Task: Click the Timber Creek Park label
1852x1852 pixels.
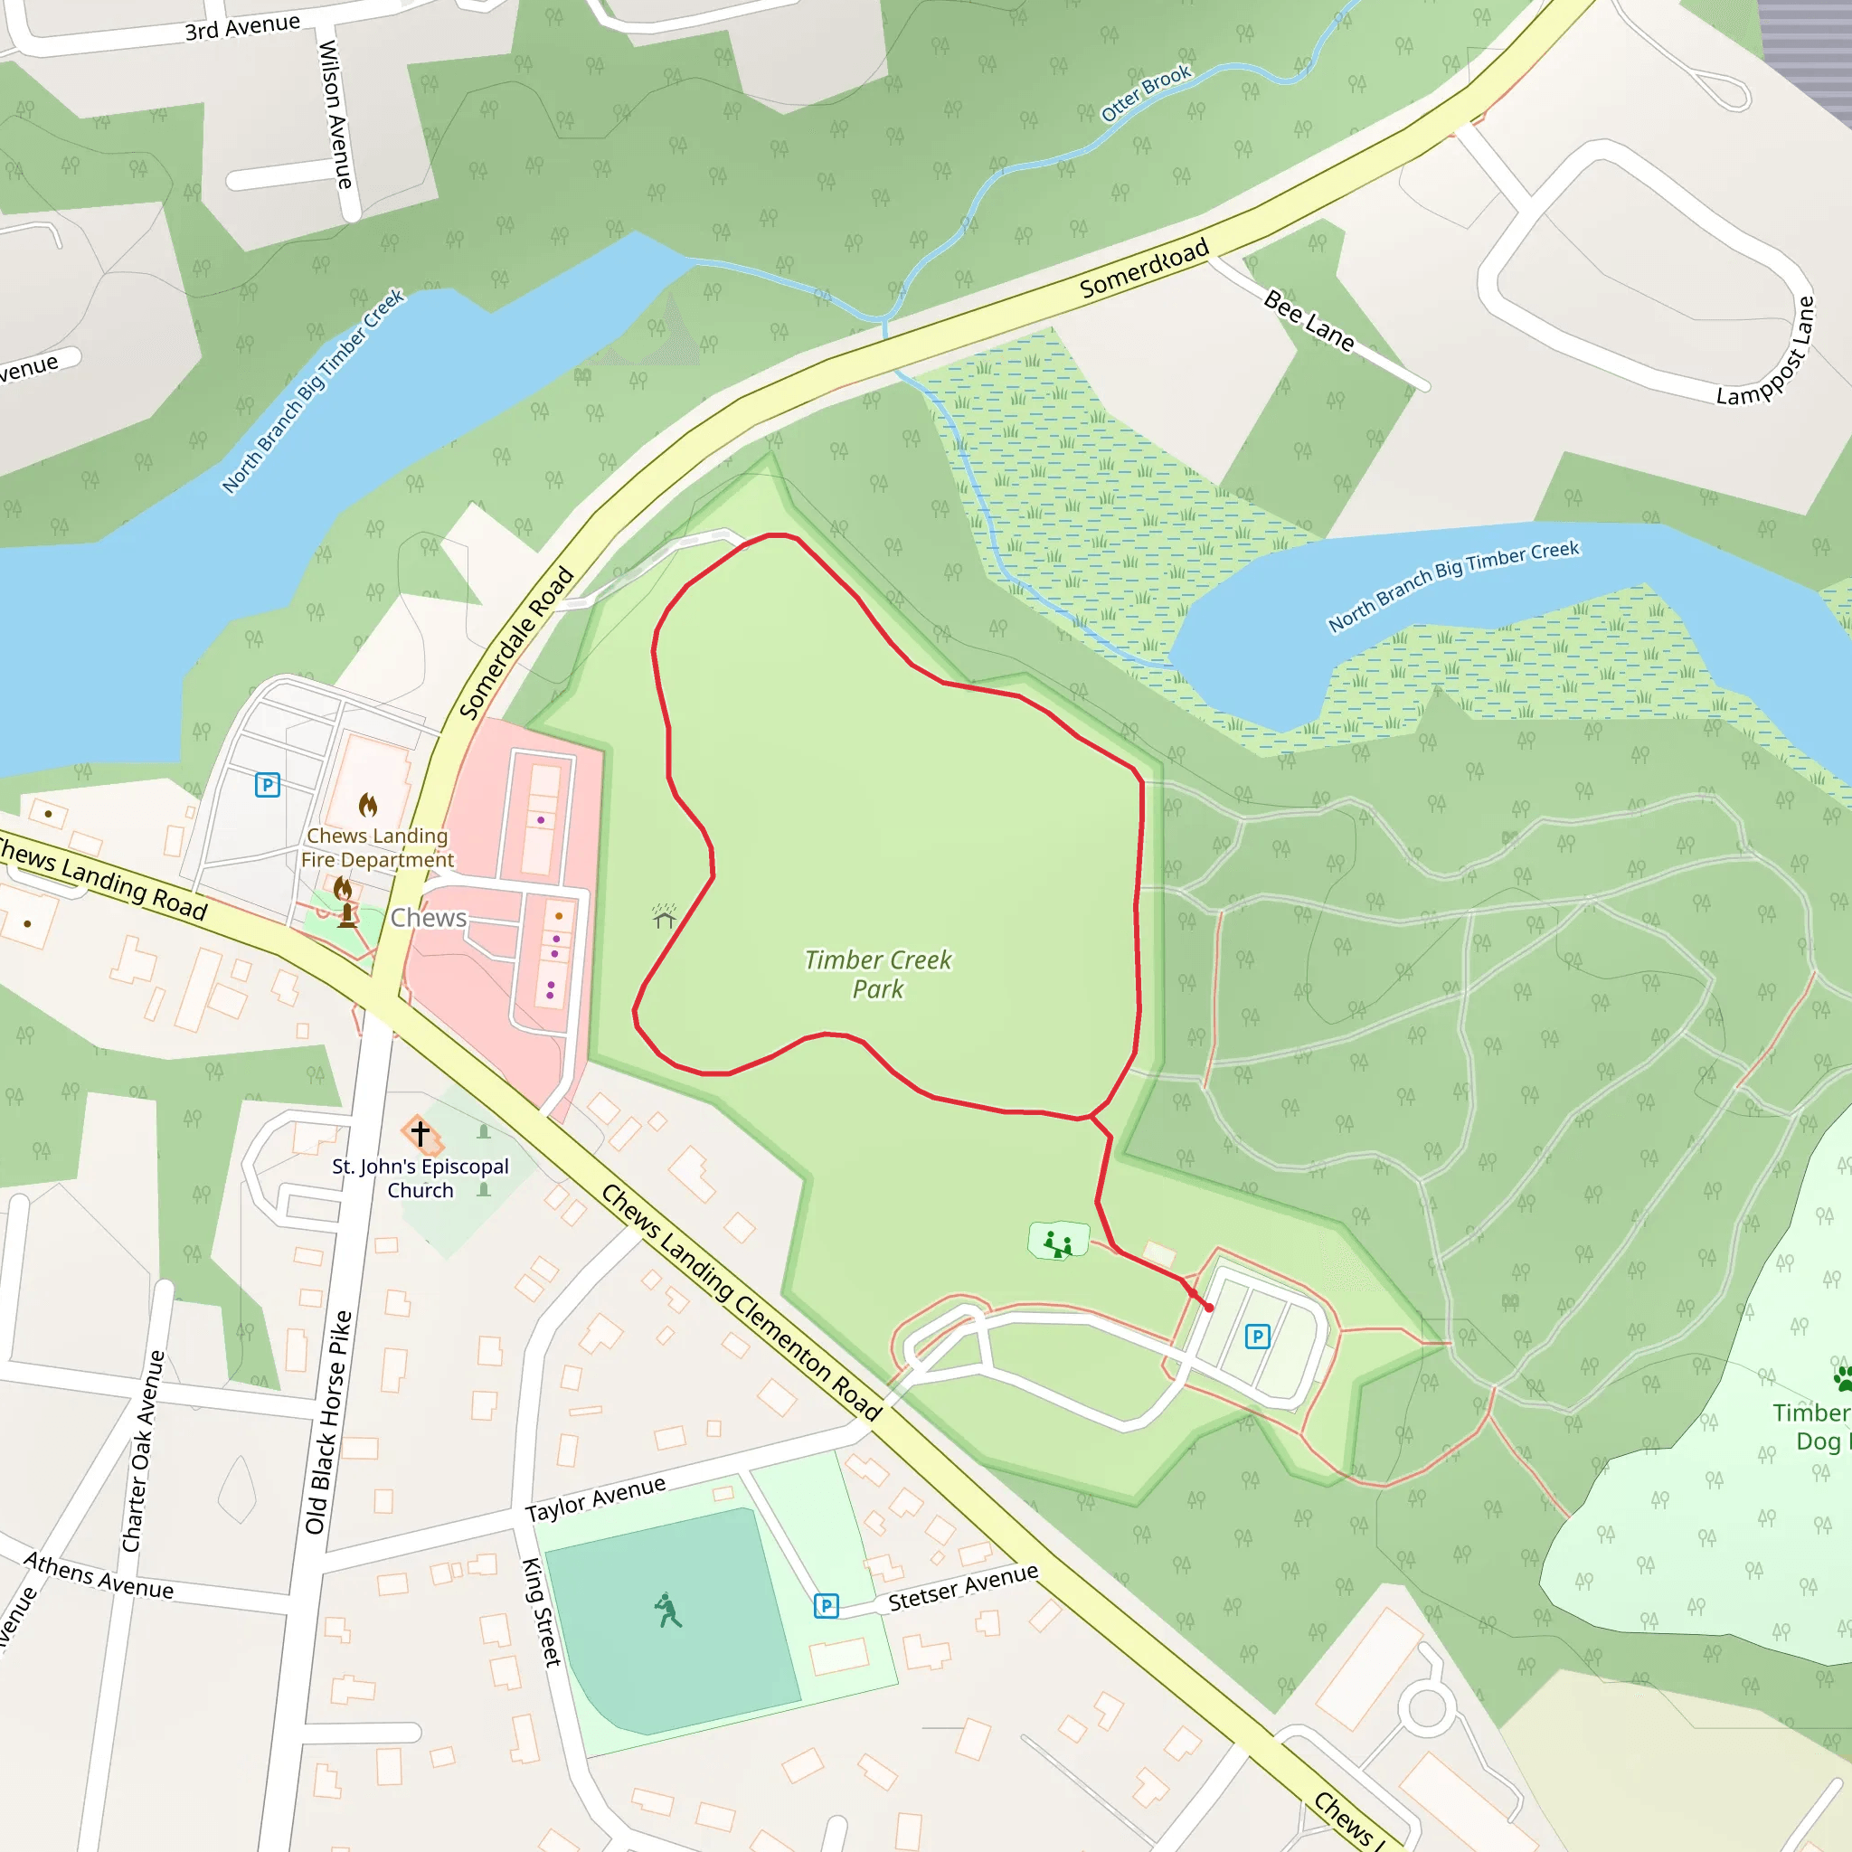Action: point(877,974)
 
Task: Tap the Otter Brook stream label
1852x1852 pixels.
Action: point(1146,93)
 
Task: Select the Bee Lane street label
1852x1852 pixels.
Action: point(1309,320)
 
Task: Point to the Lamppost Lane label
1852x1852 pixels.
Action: point(1766,353)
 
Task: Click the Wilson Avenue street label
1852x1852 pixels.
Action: point(335,114)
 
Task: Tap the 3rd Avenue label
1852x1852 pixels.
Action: point(241,27)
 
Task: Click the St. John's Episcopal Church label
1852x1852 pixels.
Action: point(420,1178)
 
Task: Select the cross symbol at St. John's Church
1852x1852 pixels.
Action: point(420,1133)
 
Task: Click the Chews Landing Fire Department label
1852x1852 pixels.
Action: point(377,847)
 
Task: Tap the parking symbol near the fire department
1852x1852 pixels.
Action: point(268,785)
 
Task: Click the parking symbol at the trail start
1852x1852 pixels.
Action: point(1257,1336)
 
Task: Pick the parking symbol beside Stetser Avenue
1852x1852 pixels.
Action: point(827,1606)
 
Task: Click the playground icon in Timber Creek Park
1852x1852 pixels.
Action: point(1058,1243)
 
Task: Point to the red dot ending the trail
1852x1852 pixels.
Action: point(1209,1308)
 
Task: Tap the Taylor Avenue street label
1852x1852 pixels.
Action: point(595,1499)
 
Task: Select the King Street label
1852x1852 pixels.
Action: point(542,1611)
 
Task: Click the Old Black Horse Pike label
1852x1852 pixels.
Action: point(328,1422)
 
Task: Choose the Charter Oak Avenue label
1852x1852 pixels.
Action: point(144,1450)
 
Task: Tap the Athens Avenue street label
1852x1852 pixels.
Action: point(99,1576)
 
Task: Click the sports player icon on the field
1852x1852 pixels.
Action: point(668,1611)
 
